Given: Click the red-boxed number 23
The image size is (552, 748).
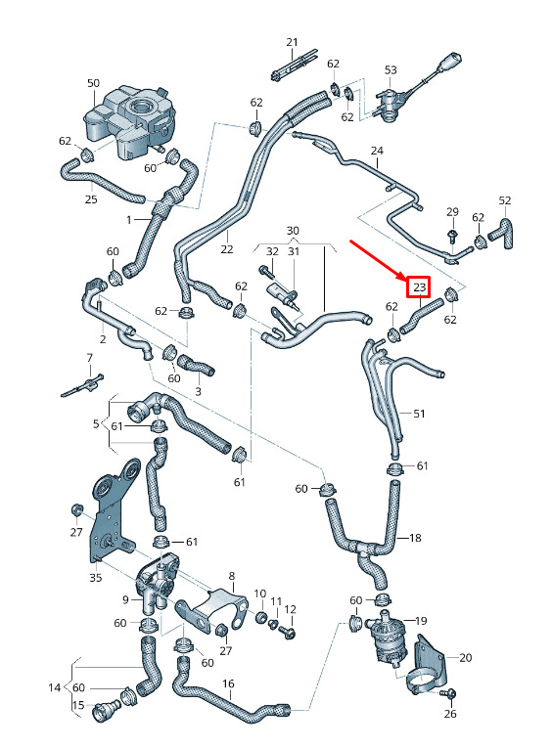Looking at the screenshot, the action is pyautogui.click(x=419, y=287).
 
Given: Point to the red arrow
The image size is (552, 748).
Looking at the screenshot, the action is pyautogui.click(x=378, y=260).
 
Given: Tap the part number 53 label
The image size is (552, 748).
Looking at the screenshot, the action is pyautogui.click(x=391, y=70).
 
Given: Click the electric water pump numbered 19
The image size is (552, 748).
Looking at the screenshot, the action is pyautogui.click(x=386, y=638).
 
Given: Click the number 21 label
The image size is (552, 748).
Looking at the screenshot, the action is pyautogui.click(x=293, y=42).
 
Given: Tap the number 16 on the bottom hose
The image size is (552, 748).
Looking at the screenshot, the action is pyautogui.click(x=228, y=683).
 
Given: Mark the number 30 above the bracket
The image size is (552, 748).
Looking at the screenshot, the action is pyautogui.click(x=293, y=231).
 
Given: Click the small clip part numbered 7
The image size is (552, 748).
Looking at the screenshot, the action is pyautogui.click(x=82, y=385).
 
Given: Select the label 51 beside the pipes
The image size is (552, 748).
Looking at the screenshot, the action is pyautogui.click(x=419, y=414).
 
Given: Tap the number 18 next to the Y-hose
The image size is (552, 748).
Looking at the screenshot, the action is pyautogui.click(x=415, y=538).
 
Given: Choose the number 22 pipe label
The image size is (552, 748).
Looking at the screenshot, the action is pyautogui.click(x=227, y=249).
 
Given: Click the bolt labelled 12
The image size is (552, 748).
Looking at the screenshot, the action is pyautogui.click(x=289, y=632).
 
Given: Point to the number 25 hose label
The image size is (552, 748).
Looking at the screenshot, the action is pyautogui.click(x=91, y=198).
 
